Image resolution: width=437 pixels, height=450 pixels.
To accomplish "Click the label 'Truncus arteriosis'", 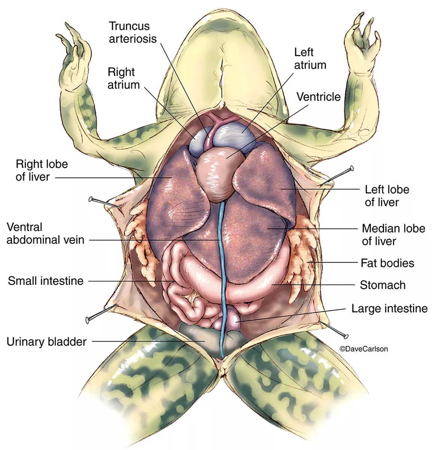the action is [x=133, y=32].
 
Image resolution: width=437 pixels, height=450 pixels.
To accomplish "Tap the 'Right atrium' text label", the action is [x=124, y=78].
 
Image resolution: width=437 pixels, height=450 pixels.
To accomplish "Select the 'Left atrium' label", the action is [x=310, y=58].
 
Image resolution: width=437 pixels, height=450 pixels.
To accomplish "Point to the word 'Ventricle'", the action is [x=318, y=97].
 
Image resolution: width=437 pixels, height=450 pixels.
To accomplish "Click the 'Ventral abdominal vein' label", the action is [x=45, y=233].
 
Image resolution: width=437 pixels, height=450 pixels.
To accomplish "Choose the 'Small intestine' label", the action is [x=46, y=280].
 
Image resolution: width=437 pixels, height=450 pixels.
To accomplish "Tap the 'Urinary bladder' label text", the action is [x=46, y=342].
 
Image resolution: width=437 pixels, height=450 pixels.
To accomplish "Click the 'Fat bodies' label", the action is [x=387, y=263].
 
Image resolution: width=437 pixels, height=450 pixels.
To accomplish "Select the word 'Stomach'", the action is [x=382, y=285].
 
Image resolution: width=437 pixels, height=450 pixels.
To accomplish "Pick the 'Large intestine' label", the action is [x=389, y=309].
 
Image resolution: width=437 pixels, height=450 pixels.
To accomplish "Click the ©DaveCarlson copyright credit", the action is [x=363, y=349].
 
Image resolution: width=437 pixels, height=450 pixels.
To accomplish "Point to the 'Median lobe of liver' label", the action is [x=393, y=234].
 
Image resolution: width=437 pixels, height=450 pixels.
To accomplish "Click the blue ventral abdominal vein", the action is [x=222, y=262].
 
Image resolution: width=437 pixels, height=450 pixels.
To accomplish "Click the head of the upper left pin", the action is [x=91, y=198].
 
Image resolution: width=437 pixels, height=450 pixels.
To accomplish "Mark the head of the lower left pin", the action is [x=88, y=319].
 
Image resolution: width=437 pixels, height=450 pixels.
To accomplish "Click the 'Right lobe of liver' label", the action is [x=42, y=170].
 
